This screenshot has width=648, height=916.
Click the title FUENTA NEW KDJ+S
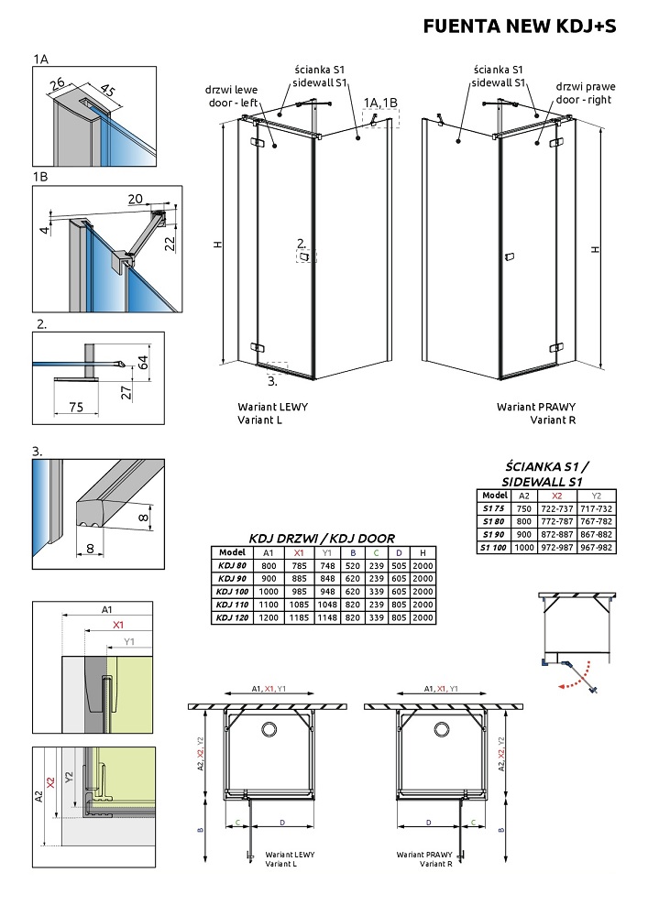(x=519, y=27)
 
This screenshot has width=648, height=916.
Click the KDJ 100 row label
(x=228, y=592)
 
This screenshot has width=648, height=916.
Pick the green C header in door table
(x=377, y=552)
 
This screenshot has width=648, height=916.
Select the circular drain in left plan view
(x=270, y=728)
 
